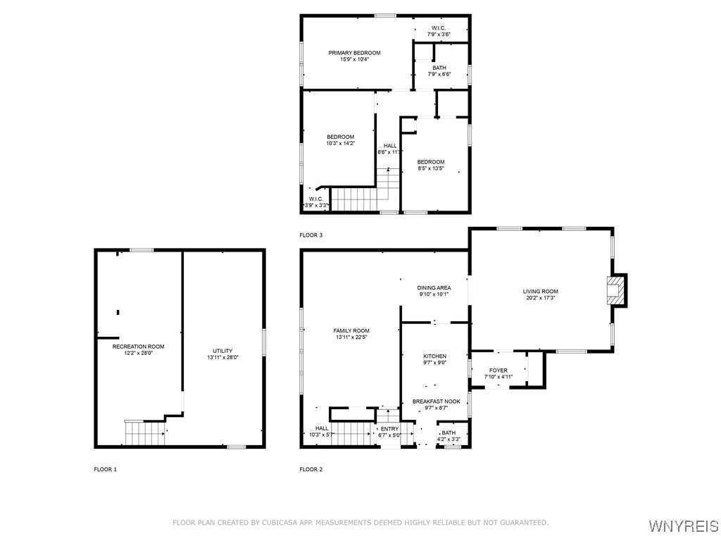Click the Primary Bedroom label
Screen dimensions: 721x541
pos(354,53)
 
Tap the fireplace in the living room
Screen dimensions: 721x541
pos(616,290)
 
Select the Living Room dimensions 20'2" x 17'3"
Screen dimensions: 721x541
pos(540,298)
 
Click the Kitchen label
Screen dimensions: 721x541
pos(434,356)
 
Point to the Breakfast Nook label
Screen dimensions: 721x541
pos(436,401)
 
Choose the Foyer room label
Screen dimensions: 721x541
pos(499,371)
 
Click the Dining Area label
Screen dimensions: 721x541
pos(434,288)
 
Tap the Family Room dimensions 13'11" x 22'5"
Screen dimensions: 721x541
pos(351,337)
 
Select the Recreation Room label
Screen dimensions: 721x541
pos(138,347)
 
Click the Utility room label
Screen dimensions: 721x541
pos(222,351)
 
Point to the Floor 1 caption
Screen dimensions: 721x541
pos(106,469)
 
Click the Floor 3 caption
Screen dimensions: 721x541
pos(311,235)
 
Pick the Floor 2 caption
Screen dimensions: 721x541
pos(311,469)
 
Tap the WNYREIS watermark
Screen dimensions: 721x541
pos(683,526)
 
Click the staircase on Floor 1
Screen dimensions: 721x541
pos(145,433)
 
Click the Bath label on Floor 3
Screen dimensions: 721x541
pos(439,68)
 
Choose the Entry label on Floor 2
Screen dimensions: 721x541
pos(389,429)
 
